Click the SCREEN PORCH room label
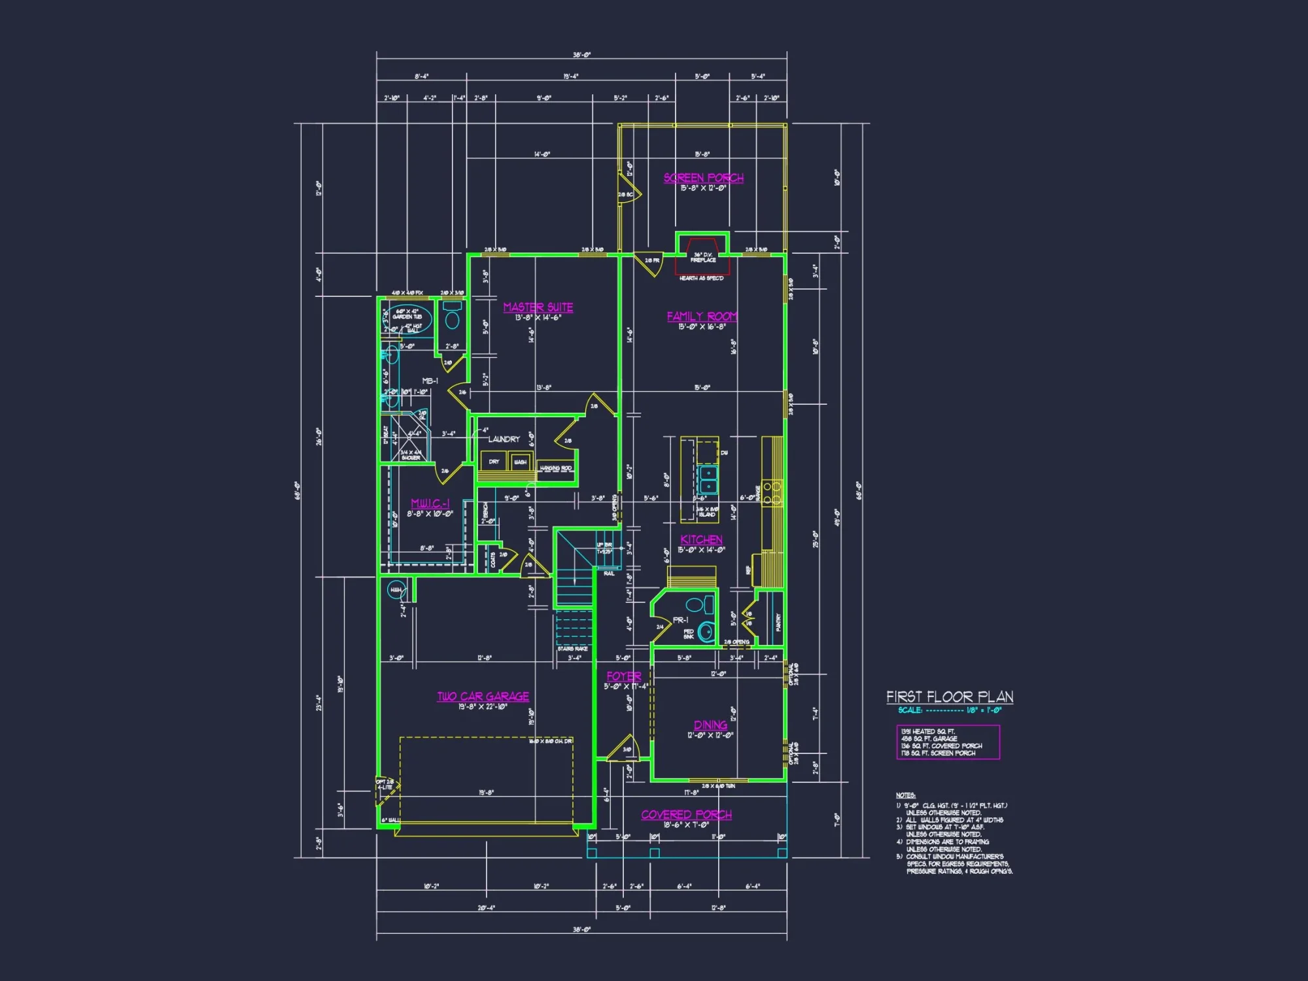703,178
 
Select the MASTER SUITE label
538,307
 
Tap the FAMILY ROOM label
702,317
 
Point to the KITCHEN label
701,540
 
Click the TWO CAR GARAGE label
483,697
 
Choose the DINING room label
710,725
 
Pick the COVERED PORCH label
686,814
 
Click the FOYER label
623,676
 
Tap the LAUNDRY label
504,439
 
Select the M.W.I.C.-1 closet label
430,503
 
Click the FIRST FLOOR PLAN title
950,697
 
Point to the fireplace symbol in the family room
703,256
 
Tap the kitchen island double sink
707,479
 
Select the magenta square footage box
948,742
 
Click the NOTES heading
905,795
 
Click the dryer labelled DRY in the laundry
494,462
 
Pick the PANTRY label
778,621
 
